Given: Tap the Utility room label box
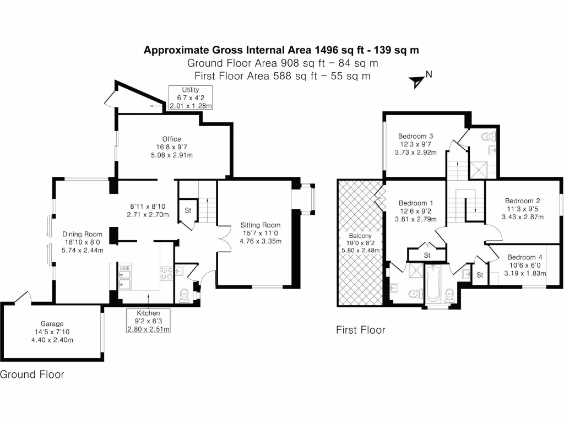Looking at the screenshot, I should (x=191, y=97).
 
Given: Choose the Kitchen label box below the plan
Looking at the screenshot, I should (x=148, y=321).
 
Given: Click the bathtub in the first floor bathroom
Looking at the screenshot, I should (x=433, y=283).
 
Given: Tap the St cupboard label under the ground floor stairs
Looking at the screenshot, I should (x=187, y=210).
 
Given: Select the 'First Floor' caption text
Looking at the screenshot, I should (x=361, y=330).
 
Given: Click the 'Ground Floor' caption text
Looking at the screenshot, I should (x=32, y=375).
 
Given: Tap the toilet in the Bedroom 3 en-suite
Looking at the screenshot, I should (x=488, y=136).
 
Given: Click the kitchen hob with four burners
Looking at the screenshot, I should (x=166, y=274).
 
